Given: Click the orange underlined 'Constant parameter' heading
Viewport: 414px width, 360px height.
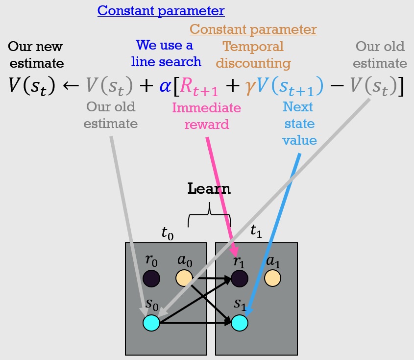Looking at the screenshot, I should [253, 29].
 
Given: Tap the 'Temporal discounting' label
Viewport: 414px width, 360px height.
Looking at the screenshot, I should [253, 55].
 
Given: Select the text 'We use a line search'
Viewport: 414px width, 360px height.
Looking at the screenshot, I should [165, 54].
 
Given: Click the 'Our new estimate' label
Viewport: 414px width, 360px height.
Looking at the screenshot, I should [35, 54].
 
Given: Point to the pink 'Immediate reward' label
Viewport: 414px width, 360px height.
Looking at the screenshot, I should [206, 116].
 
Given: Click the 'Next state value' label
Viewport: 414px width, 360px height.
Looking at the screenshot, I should [299, 123].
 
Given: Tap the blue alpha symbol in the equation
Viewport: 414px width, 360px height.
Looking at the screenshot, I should [166, 86].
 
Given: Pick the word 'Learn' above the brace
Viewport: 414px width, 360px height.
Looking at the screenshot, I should [209, 189].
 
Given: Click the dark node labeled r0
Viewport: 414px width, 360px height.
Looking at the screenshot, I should [151, 279].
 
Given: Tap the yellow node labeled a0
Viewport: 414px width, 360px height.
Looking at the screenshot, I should [184, 278].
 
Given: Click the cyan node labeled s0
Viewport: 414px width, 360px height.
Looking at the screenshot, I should [151, 323].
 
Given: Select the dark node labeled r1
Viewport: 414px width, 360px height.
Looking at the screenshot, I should [240, 279].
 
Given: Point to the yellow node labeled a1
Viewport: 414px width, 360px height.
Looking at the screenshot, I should [272, 278].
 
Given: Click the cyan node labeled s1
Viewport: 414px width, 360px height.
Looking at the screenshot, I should [240, 323].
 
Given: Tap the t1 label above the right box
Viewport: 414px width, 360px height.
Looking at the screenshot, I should [256, 231].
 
